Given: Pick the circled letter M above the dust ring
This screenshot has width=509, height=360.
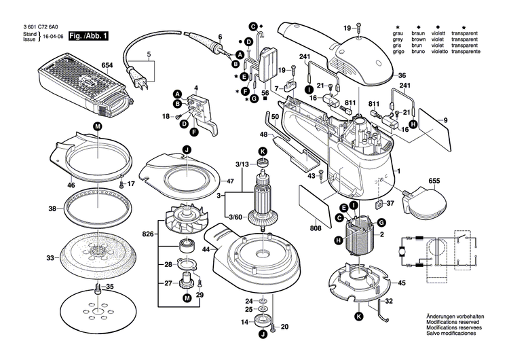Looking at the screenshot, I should [97, 127].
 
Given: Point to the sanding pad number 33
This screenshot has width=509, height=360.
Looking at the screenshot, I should [50, 258].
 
